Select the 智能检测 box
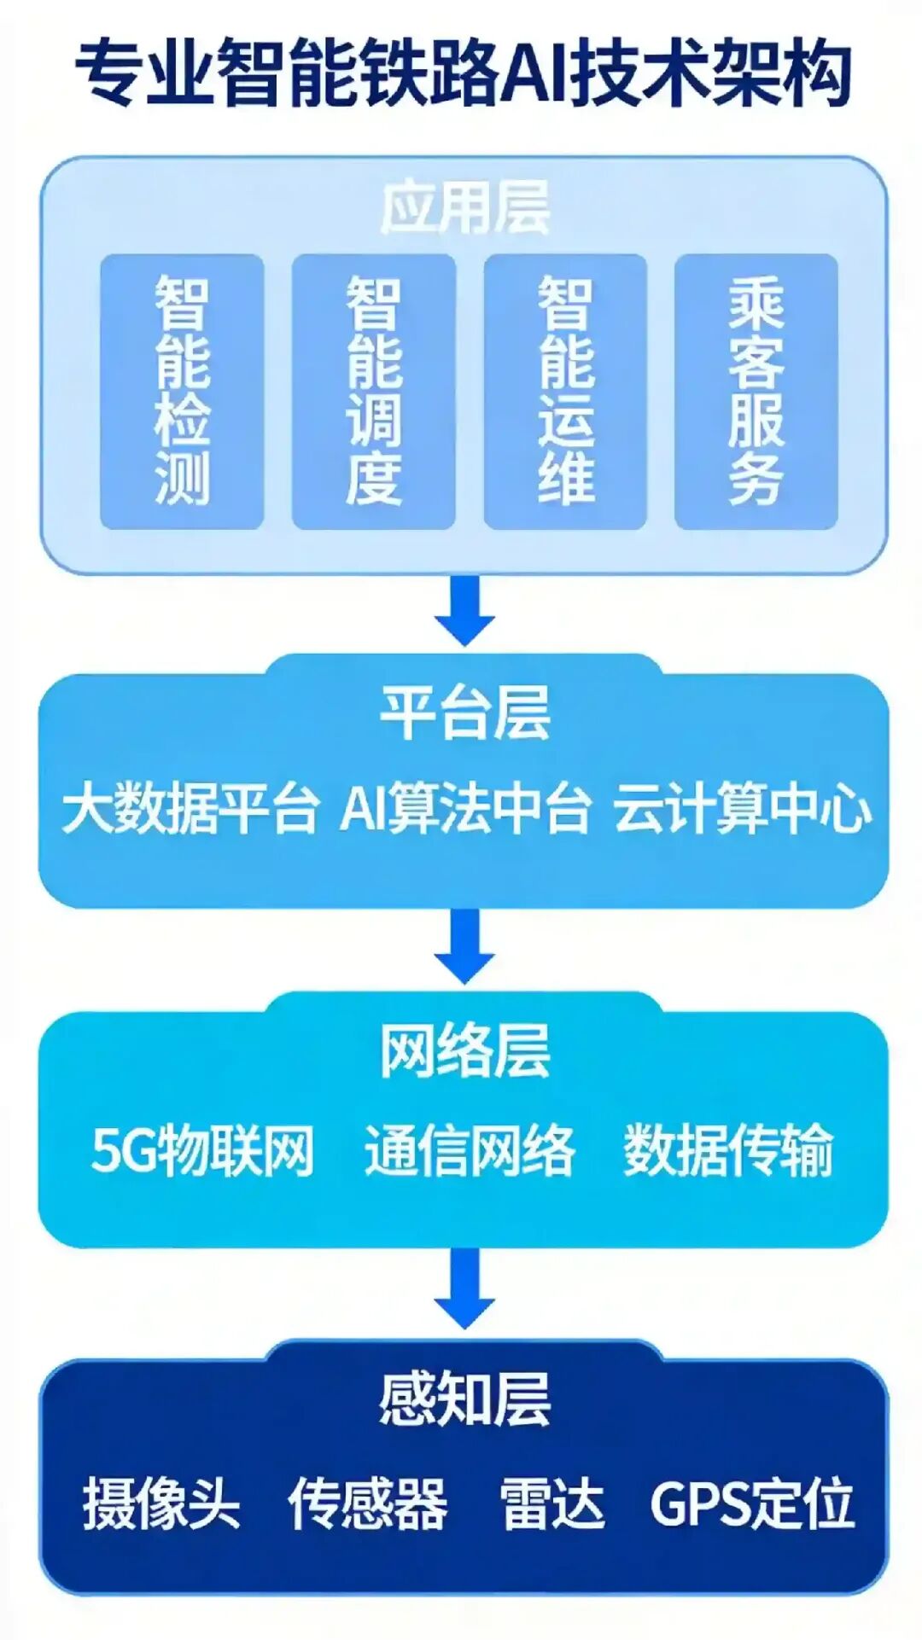coord(182,392)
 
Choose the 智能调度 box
coord(373,392)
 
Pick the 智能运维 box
coord(565,392)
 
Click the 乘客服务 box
coord(756,392)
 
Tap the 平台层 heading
coord(465,713)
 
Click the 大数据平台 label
coord(190,809)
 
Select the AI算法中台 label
coord(465,809)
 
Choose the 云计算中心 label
coord(742,809)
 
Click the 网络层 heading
coord(465,1051)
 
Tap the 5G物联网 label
coord(203,1151)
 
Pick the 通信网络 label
coord(470,1151)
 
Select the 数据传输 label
coord(728,1151)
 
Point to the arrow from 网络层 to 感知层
coord(465,1288)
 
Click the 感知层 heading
coord(465,1400)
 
